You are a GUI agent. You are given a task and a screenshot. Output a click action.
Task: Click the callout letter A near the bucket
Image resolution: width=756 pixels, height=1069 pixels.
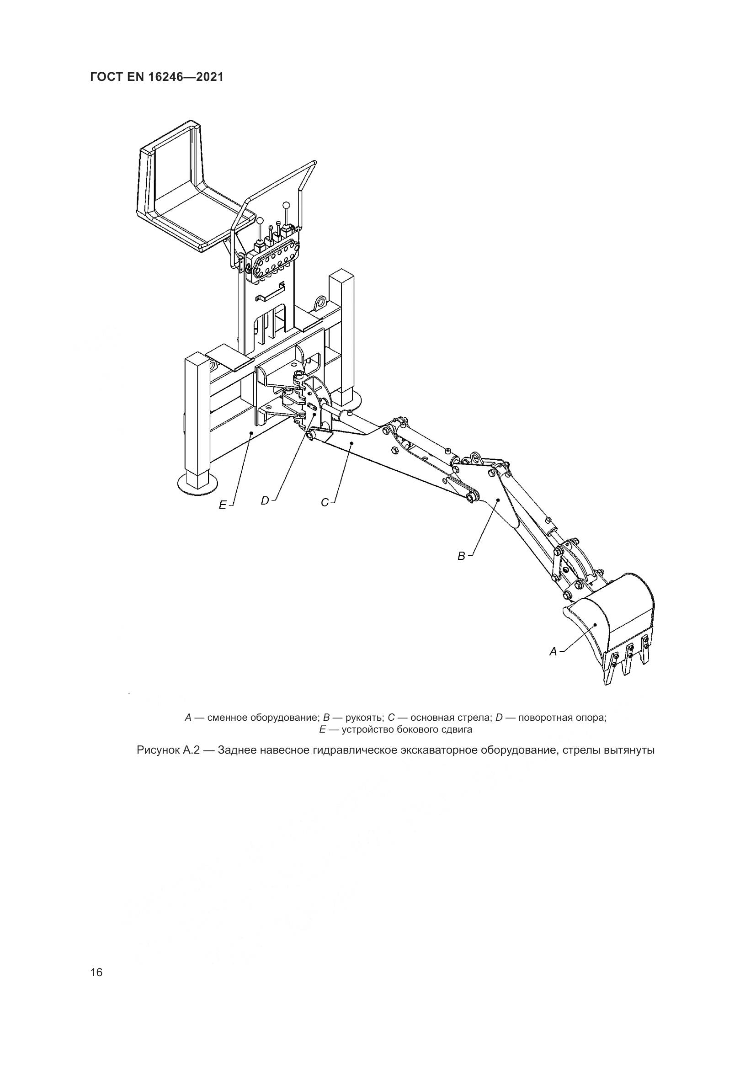pyautogui.click(x=553, y=652)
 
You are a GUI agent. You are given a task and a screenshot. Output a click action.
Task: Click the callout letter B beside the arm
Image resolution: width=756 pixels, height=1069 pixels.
pyautogui.click(x=461, y=556)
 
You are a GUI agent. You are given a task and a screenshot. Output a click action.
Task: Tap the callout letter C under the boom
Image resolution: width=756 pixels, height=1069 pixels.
pyautogui.click(x=325, y=502)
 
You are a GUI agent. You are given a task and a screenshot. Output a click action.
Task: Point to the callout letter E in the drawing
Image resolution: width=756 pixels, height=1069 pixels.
pyautogui.click(x=223, y=505)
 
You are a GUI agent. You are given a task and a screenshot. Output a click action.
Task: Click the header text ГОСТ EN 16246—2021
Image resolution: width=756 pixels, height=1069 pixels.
pyautogui.click(x=157, y=77)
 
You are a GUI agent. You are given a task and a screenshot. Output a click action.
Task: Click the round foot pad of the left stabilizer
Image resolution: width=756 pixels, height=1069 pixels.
pyautogui.click(x=198, y=484)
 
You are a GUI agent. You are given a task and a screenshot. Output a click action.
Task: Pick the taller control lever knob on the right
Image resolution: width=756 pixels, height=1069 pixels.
pyautogui.click(x=286, y=204)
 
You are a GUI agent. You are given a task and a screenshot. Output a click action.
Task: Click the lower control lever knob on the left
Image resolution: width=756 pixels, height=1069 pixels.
pyautogui.click(x=260, y=221)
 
